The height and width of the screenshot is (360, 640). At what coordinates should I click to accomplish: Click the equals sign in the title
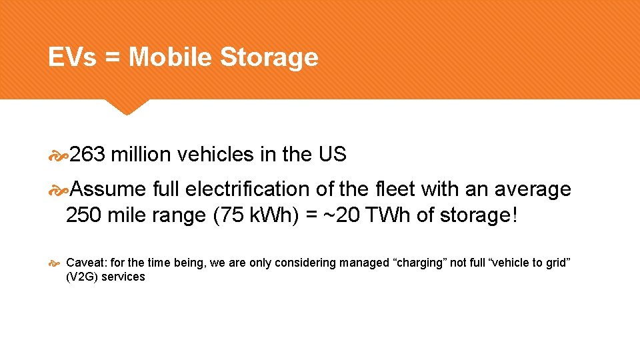pos(112,58)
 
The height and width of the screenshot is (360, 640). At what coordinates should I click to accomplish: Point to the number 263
pos(88,155)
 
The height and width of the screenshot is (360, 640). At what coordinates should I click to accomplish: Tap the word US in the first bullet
pos(332,155)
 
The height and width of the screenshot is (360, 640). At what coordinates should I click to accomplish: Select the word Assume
pos(108,189)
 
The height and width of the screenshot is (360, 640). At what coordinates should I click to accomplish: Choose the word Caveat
pos(84,263)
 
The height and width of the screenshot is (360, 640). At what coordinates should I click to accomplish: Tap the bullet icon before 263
pos(59,156)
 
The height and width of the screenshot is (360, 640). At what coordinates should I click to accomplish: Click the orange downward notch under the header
pos(127,107)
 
